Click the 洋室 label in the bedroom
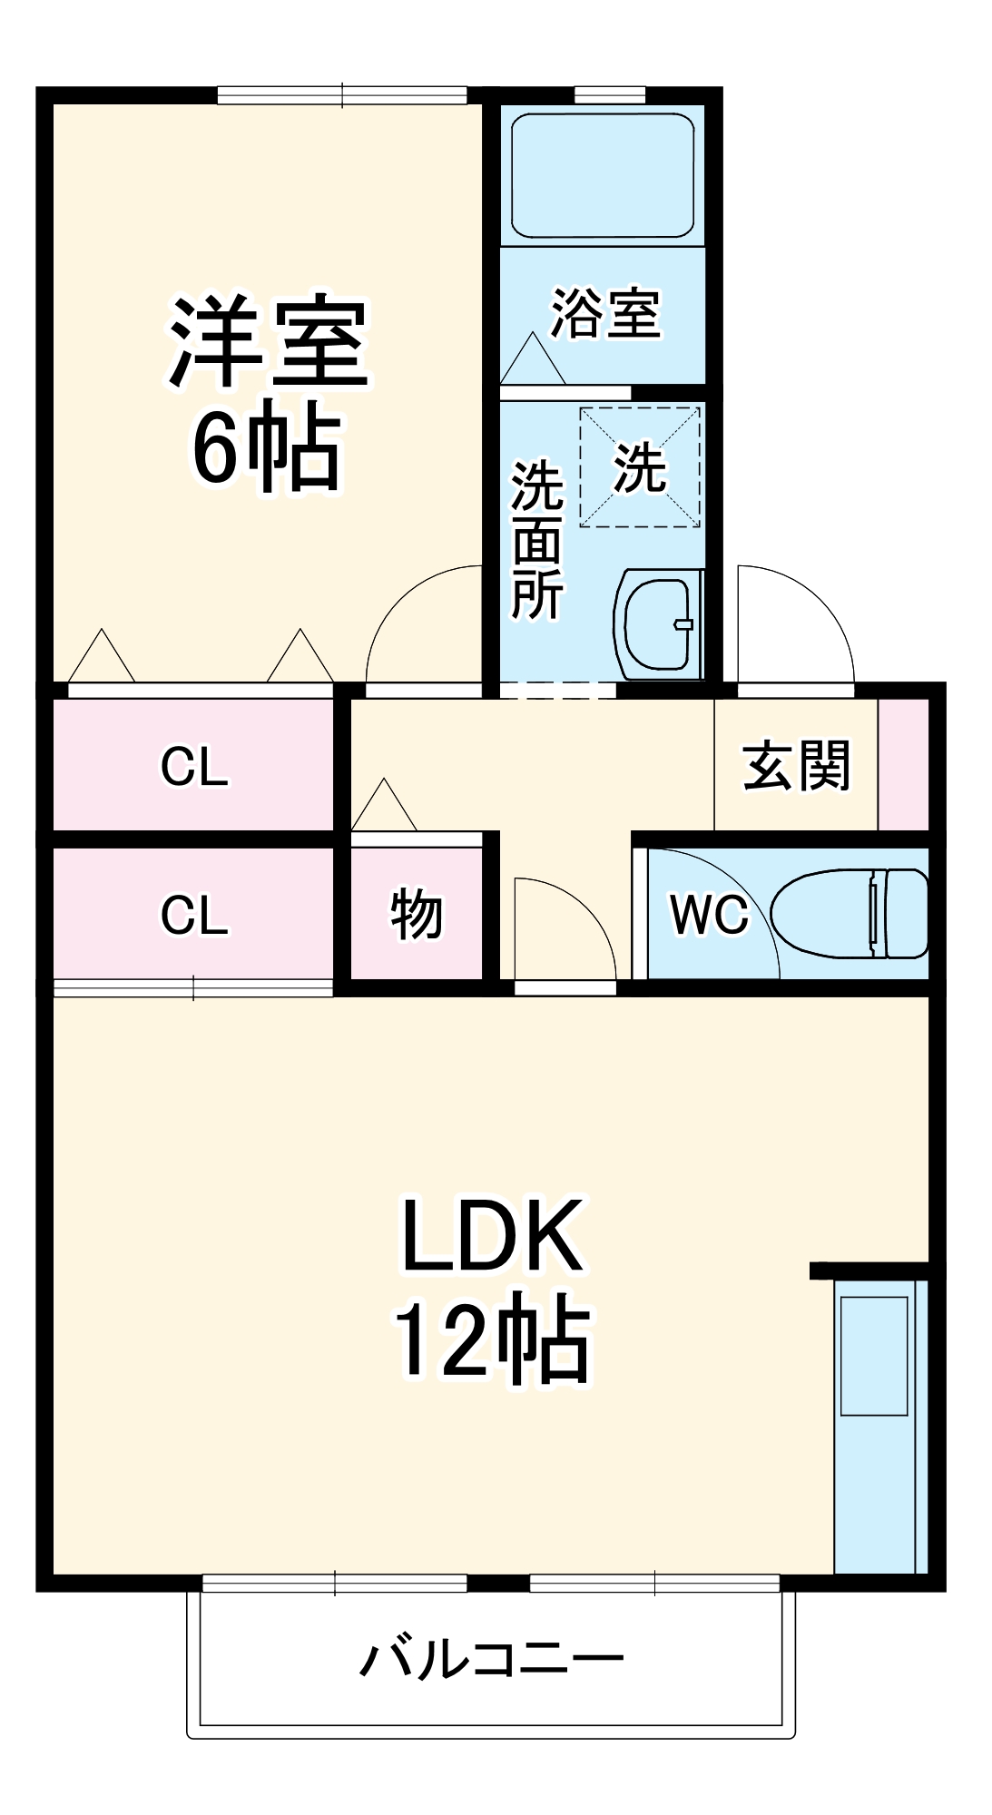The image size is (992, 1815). point(269,342)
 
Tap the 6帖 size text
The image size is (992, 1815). point(266,447)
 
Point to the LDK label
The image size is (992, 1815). point(493,1236)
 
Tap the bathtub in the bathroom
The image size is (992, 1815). point(603,175)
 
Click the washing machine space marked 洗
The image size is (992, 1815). point(640,467)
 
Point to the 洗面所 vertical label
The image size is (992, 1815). point(537,540)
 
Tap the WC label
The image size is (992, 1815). point(709,914)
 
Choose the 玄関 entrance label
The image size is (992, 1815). point(796,765)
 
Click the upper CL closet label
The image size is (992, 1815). point(194,767)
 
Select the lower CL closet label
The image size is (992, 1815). point(194,915)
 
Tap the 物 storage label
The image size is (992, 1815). point(417,914)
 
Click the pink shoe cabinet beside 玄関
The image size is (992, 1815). point(903,764)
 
